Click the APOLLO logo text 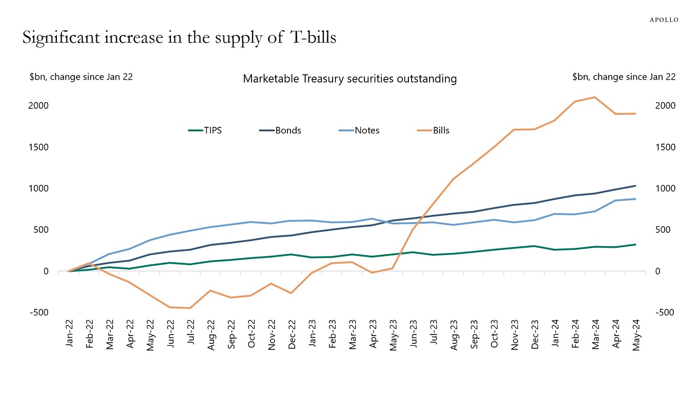(x=664, y=19)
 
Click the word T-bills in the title (x=313, y=37)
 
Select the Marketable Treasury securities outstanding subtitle (x=349, y=79)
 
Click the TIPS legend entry (x=212, y=130)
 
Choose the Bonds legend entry (x=287, y=130)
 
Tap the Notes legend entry (x=366, y=130)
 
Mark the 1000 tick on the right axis (x=665, y=189)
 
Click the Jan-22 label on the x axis (x=69, y=333)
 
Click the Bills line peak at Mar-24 (x=594, y=97)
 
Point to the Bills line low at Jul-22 (x=190, y=308)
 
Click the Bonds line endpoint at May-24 (x=635, y=186)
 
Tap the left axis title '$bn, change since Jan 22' (x=81, y=77)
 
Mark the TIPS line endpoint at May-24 (x=635, y=245)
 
